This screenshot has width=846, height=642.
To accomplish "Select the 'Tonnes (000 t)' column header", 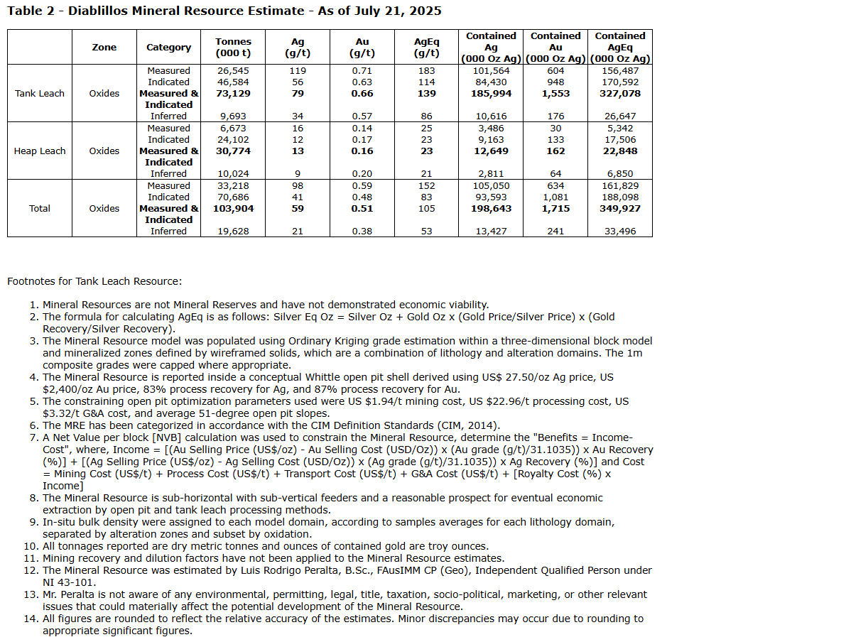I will point(233,48).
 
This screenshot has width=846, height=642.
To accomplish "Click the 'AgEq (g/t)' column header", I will point(426,48).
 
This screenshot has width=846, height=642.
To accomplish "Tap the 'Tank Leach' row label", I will point(40,94).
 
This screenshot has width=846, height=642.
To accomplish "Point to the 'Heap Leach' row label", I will point(40,151).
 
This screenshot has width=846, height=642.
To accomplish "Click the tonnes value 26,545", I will point(233,71).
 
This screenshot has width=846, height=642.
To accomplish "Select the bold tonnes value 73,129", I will point(233,94).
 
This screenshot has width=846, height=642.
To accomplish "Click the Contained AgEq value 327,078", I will point(620,94).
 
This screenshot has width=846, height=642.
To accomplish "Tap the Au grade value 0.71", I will point(362,71).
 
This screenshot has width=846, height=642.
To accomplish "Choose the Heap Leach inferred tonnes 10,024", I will point(233,174).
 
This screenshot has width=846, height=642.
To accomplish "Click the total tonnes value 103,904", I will point(233,209).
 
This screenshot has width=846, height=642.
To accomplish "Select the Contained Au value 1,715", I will point(555,209).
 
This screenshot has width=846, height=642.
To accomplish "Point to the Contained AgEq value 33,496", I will point(620,232).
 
